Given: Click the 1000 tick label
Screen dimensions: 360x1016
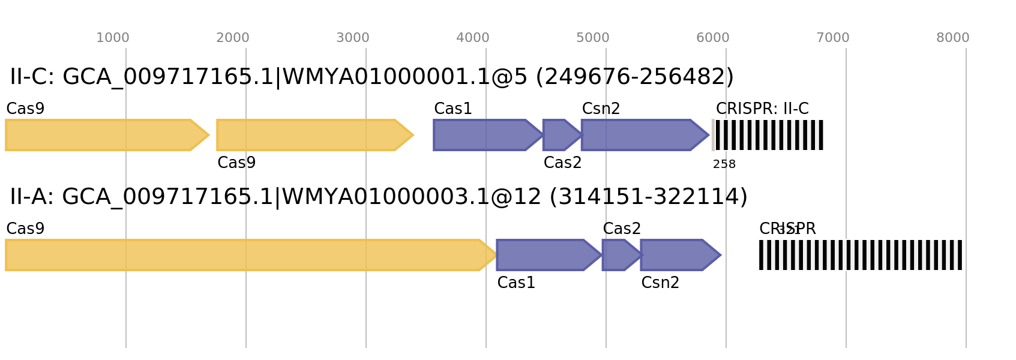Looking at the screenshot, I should (x=113, y=38).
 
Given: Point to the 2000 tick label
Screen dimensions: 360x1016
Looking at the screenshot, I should (x=233, y=38).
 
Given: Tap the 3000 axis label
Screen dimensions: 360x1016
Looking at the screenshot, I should (x=353, y=38).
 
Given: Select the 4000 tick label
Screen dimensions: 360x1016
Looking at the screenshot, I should (x=473, y=38).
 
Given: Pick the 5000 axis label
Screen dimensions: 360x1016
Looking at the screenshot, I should (x=593, y=38).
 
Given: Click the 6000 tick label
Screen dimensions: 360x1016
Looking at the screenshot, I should (x=713, y=38).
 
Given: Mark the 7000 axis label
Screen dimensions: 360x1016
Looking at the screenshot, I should (x=833, y=38).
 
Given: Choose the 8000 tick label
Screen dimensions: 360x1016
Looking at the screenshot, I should (x=953, y=38).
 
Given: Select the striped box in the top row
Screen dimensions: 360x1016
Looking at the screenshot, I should (x=768, y=135).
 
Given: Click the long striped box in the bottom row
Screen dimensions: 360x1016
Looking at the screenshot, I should (x=861, y=255).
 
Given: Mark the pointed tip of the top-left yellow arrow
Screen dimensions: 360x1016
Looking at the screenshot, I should (x=209, y=135).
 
